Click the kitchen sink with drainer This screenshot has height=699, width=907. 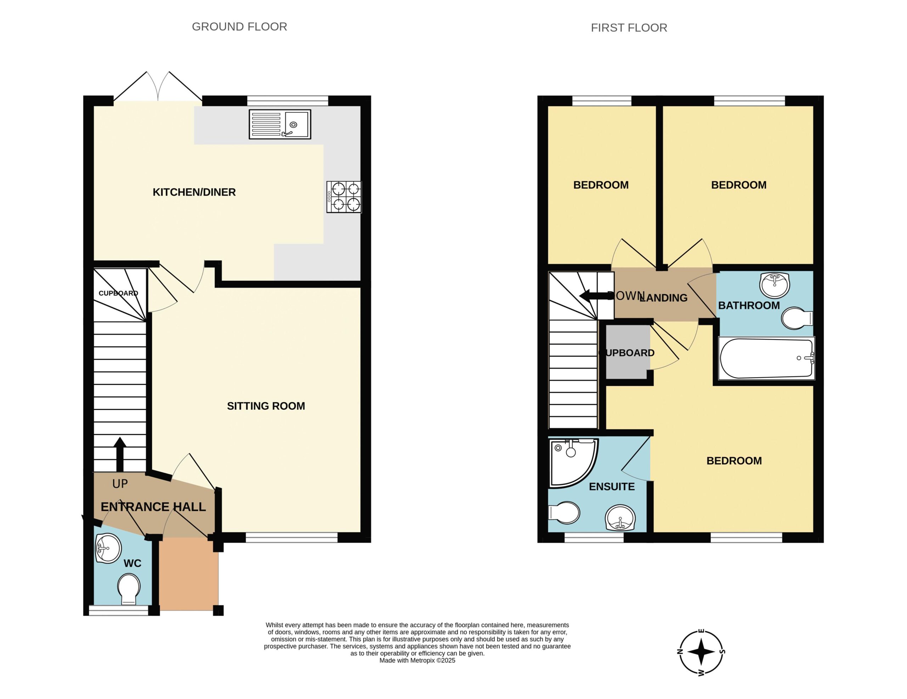click(x=280, y=124)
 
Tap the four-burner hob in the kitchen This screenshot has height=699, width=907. click(x=344, y=197)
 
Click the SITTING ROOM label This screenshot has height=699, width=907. click(x=266, y=406)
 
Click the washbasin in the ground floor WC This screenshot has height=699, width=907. click(x=108, y=548)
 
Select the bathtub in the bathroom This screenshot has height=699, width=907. click(x=767, y=358)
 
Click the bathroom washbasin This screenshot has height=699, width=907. click(x=774, y=285)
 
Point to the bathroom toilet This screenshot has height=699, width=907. click(x=797, y=318)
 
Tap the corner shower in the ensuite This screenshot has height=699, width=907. click(x=574, y=463)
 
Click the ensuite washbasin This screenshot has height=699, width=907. click(x=620, y=518)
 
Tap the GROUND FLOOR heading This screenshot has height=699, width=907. click(x=239, y=27)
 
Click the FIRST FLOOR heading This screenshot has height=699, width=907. click(x=629, y=28)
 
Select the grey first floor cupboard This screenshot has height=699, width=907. click(x=628, y=352)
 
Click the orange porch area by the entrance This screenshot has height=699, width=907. click(x=189, y=574)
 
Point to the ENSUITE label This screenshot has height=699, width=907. click(x=612, y=487)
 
